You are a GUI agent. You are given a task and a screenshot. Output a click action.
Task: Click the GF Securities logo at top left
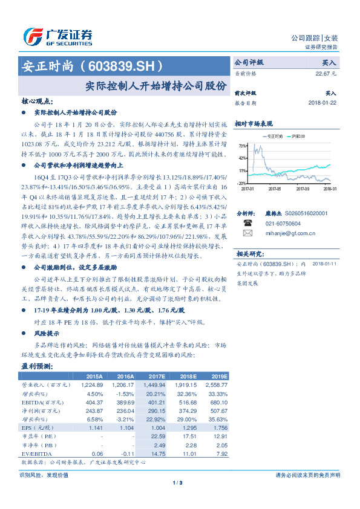click(x=58, y=37)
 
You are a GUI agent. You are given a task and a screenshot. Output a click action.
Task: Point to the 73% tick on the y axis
click(x=241, y=146)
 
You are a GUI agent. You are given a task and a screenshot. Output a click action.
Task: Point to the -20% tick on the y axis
click(x=241, y=183)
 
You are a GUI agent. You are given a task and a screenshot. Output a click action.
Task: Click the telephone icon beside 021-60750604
click(x=247, y=222)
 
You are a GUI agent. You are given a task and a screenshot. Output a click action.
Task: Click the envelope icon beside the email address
click(x=247, y=233)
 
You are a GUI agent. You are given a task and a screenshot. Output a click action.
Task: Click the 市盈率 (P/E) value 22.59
click(x=157, y=436)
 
